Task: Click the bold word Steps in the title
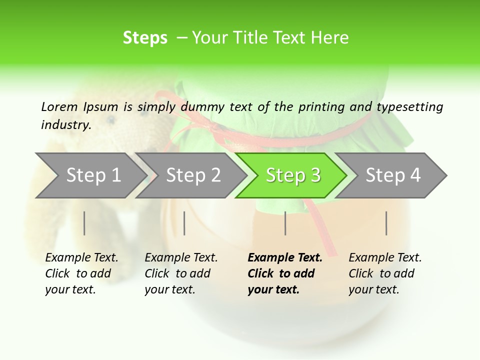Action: click(x=145, y=38)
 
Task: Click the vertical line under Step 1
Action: click(x=84, y=223)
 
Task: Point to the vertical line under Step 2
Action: click(x=184, y=223)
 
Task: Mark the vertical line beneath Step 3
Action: click(x=285, y=223)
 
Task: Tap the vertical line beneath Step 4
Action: click(x=386, y=223)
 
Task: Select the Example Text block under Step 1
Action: click(x=81, y=273)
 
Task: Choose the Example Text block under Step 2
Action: click(x=181, y=273)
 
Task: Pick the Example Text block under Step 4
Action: click(x=385, y=273)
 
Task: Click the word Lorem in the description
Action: click(x=59, y=106)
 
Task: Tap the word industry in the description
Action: click(x=65, y=124)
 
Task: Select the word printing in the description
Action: click(x=322, y=107)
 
